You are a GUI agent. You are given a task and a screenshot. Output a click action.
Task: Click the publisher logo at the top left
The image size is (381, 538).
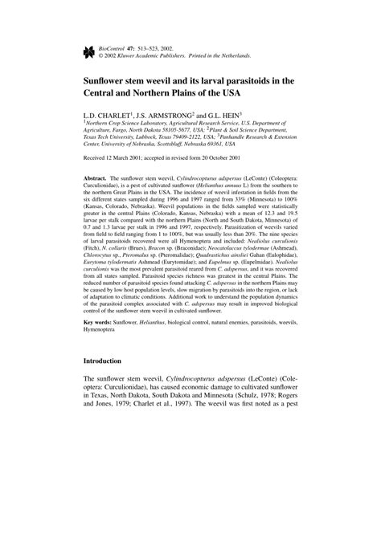[x=89, y=51]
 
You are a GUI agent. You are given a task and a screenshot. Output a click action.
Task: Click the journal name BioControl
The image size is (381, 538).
[x=114, y=48]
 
